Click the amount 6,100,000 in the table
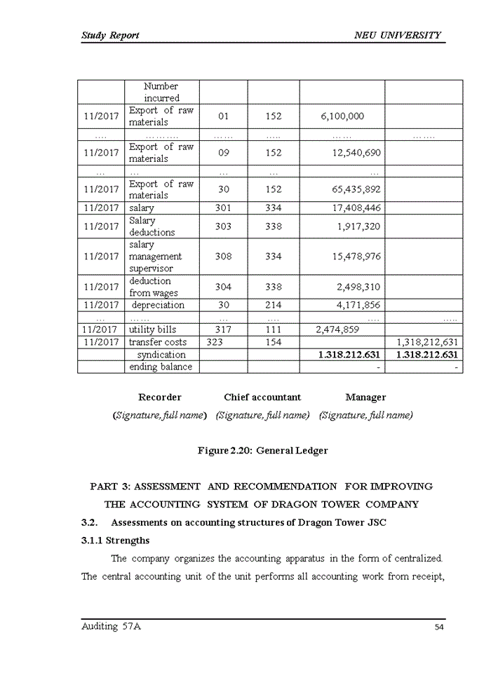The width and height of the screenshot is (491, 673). coord(342,116)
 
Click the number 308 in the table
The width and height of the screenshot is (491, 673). coord(223,257)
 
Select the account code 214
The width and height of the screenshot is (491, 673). coord(274,305)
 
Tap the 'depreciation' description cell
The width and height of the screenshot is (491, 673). coord(158,305)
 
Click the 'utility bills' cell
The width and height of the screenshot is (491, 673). coord(152,329)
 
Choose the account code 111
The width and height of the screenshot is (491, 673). coord(274,329)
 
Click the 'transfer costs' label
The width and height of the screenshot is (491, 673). coord(157,342)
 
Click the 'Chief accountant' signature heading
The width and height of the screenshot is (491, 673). coord(262,397)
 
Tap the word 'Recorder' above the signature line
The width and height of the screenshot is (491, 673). coord(160,397)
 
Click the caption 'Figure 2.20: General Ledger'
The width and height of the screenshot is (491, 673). coord(262,451)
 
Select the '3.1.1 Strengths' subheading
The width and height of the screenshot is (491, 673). coord(116,541)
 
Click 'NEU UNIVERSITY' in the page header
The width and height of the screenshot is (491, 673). coord(398,35)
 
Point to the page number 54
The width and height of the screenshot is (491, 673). coord(439,627)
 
